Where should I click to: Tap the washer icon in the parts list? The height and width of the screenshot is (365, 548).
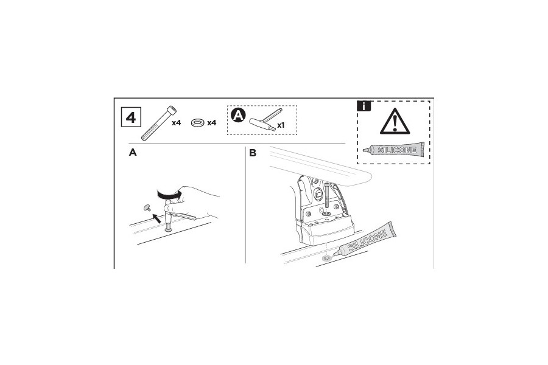click(x=197, y=123)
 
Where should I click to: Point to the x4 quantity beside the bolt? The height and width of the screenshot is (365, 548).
click(x=176, y=123)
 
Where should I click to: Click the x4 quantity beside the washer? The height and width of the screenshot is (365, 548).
click(x=212, y=123)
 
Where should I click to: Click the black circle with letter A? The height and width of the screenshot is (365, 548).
click(x=239, y=114)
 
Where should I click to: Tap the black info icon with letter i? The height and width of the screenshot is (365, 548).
click(x=364, y=106)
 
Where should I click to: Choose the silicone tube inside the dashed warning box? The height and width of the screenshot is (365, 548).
click(x=393, y=150)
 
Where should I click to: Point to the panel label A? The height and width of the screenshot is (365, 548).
click(x=133, y=153)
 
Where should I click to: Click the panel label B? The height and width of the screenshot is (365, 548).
click(x=253, y=153)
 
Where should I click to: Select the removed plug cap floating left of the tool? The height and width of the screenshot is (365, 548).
click(x=147, y=207)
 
